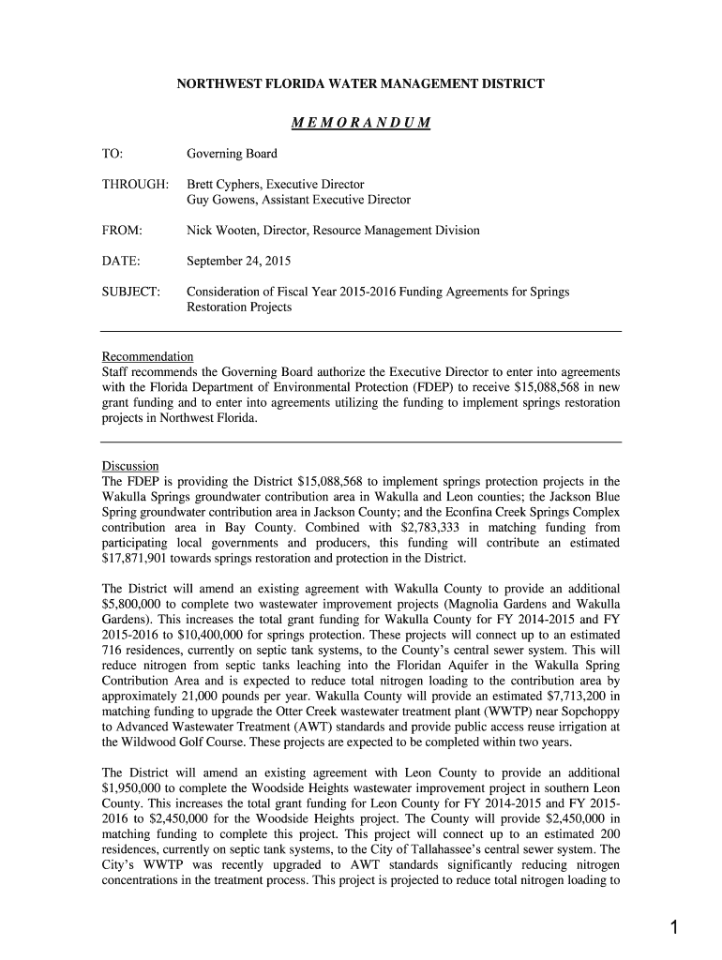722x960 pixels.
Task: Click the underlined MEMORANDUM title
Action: [x=360, y=123]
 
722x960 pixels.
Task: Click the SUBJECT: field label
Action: [x=130, y=292]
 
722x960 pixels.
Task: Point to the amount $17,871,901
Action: [x=138, y=559]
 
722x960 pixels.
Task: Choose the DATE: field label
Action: [x=121, y=261]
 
